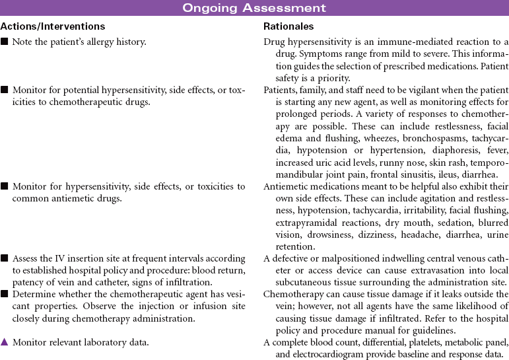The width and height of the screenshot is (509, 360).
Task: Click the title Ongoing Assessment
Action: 254,8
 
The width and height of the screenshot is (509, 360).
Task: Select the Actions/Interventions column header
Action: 53,27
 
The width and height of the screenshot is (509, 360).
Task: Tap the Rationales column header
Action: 288,27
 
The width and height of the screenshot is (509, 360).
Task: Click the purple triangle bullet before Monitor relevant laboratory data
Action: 5,342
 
